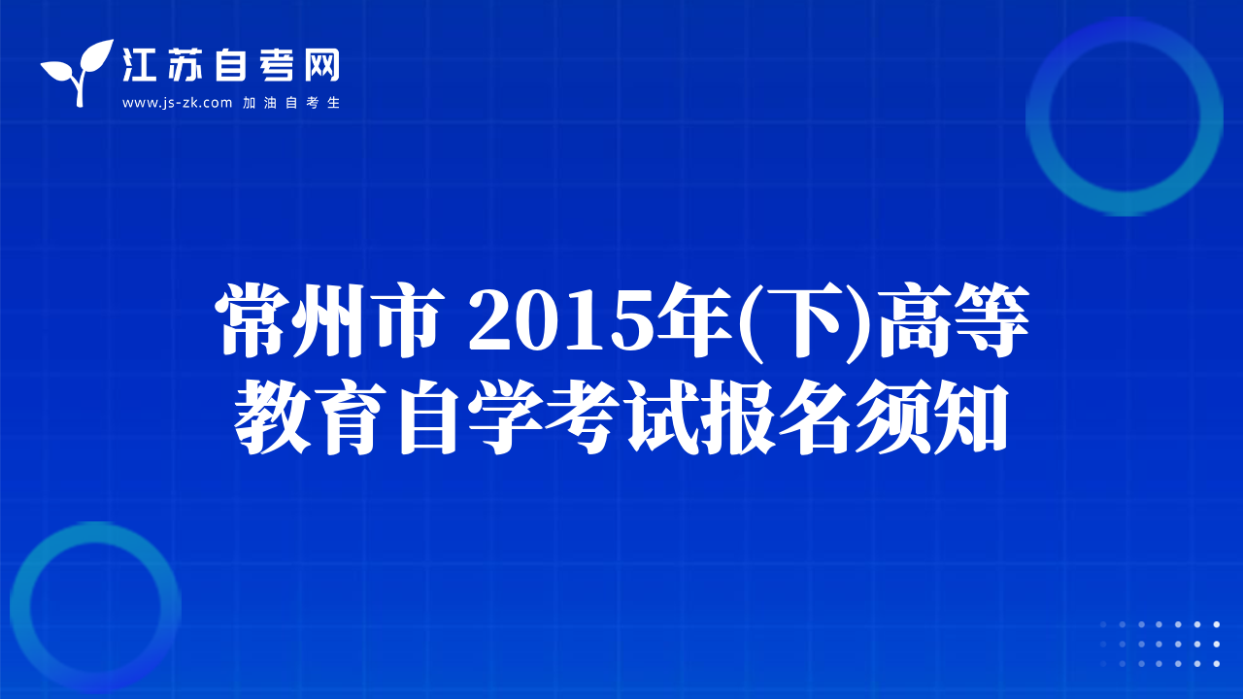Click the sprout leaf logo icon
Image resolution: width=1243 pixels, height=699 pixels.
click(78, 72)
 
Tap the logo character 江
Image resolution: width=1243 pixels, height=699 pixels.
click(139, 65)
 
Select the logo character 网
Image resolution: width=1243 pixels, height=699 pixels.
click(322, 65)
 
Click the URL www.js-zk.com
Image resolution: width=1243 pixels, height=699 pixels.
click(177, 103)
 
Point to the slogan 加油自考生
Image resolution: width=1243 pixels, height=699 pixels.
click(291, 103)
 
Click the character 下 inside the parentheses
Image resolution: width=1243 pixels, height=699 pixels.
click(803, 320)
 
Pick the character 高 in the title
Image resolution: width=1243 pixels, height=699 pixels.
click(913, 320)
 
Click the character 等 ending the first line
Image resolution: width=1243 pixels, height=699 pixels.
click(991, 320)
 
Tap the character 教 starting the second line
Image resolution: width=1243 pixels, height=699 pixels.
click(272, 417)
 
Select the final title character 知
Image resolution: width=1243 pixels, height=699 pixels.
click(971, 417)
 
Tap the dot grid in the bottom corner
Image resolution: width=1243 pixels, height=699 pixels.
click(1159, 644)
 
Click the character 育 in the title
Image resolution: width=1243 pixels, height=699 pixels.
click(350, 417)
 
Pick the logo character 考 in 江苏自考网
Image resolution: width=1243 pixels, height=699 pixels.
click(277, 65)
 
